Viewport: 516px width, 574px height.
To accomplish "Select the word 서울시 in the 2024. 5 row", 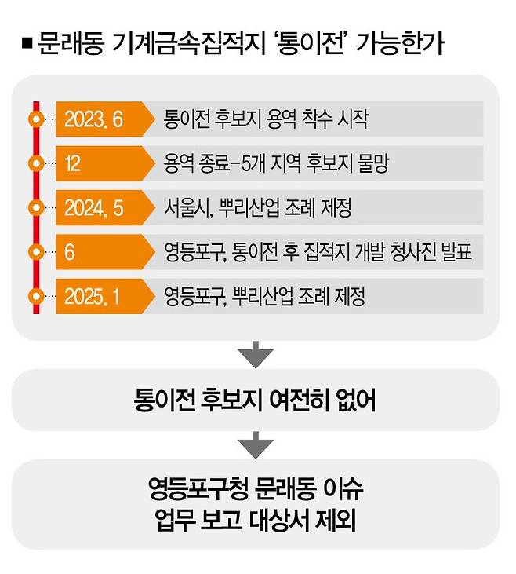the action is pos(186,209).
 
